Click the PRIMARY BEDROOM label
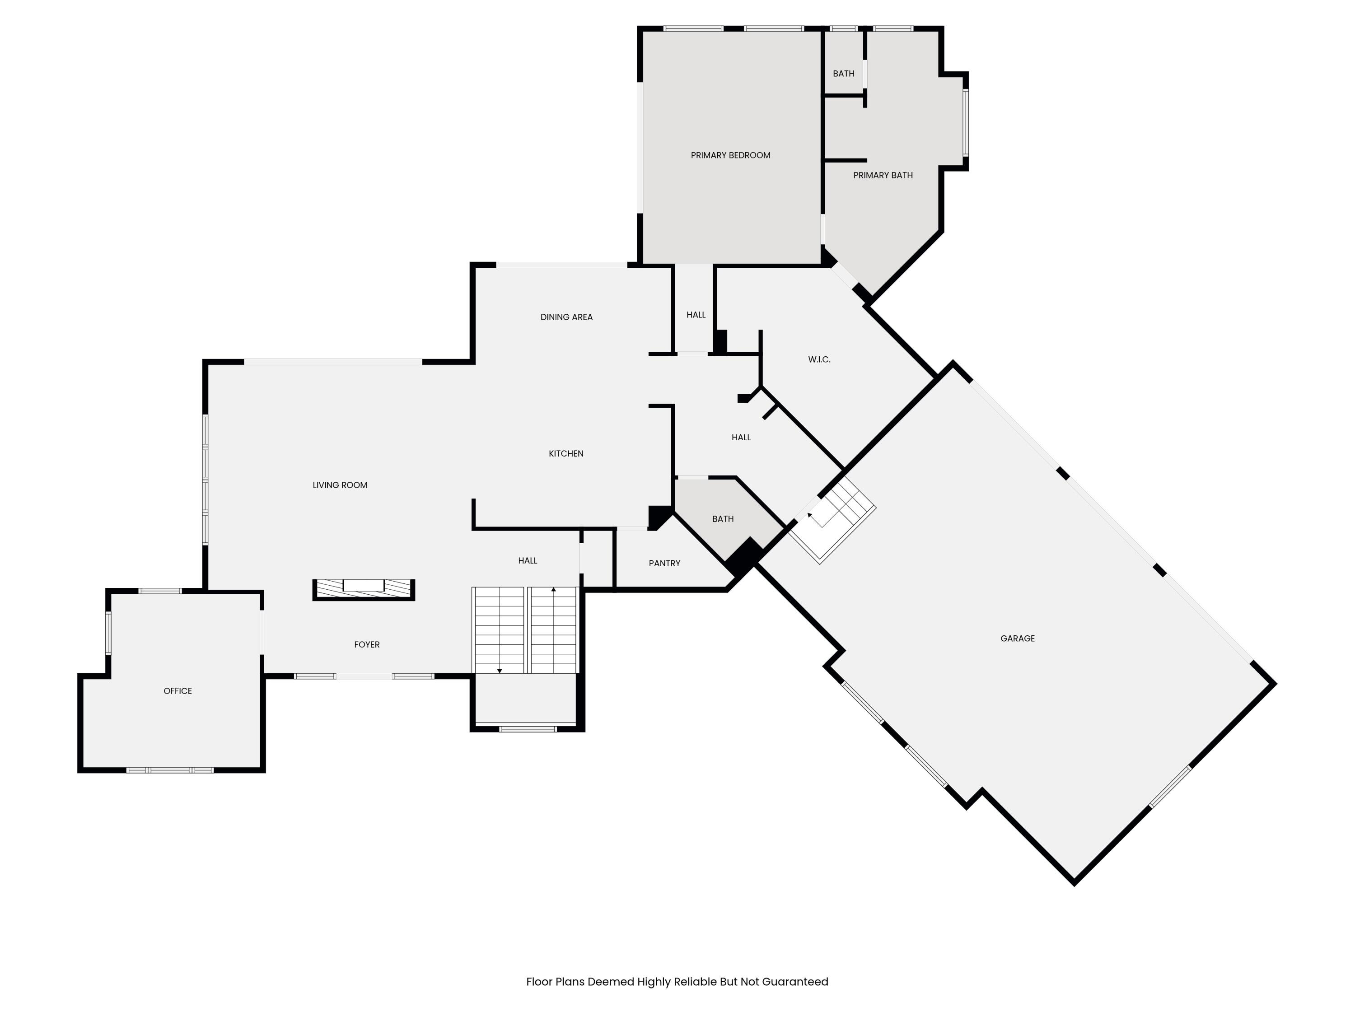(x=730, y=155)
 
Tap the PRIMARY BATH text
(x=883, y=175)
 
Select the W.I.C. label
(x=819, y=359)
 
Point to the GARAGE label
(x=1018, y=638)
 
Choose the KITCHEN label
(x=565, y=454)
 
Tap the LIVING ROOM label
(x=339, y=485)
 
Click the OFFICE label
(x=178, y=691)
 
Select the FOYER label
(x=366, y=644)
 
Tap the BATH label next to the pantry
(x=722, y=519)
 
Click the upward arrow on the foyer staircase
(x=553, y=590)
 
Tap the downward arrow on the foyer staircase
(x=499, y=671)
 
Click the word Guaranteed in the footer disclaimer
(x=794, y=982)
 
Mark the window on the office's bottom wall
(x=170, y=770)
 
